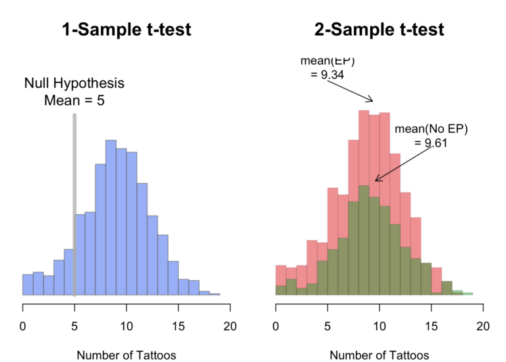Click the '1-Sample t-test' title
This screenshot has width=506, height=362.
click(x=126, y=30)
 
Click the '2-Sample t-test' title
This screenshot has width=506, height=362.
click(x=379, y=30)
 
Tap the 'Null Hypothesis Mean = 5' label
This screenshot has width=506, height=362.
click(x=74, y=92)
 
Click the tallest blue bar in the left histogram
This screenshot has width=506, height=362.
click(x=111, y=218)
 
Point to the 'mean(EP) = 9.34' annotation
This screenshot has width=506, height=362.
click(x=327, y=67)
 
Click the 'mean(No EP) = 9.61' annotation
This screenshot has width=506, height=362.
click(x=431, y=135)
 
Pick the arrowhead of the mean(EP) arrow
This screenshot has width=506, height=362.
click(x=372, y=100)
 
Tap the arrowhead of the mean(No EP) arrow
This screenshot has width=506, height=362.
click(x=376, y=179)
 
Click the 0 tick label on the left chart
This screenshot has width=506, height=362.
click(x=23, y=326)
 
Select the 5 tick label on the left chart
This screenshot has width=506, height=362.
click(x=74, y=326)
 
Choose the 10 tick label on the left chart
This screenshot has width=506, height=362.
click(x=126, y=326)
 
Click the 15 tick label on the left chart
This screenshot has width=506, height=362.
click(x=179, y=326)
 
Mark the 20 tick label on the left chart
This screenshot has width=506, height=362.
click(x=230, y=326)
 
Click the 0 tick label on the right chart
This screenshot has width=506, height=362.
click(x=276, y=326)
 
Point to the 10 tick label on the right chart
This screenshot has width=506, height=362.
click(x=379, y=326)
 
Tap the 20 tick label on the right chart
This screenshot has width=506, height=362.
click(x=483, y=326)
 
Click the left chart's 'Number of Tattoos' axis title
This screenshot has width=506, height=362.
click(x=126, y=355)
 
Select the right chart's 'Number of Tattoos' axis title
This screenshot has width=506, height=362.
click(x=379, y=355)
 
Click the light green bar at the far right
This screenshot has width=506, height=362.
click(x=467, y=293)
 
